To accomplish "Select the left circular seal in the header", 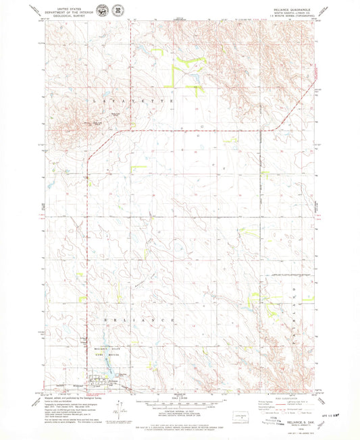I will [101, 12].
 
